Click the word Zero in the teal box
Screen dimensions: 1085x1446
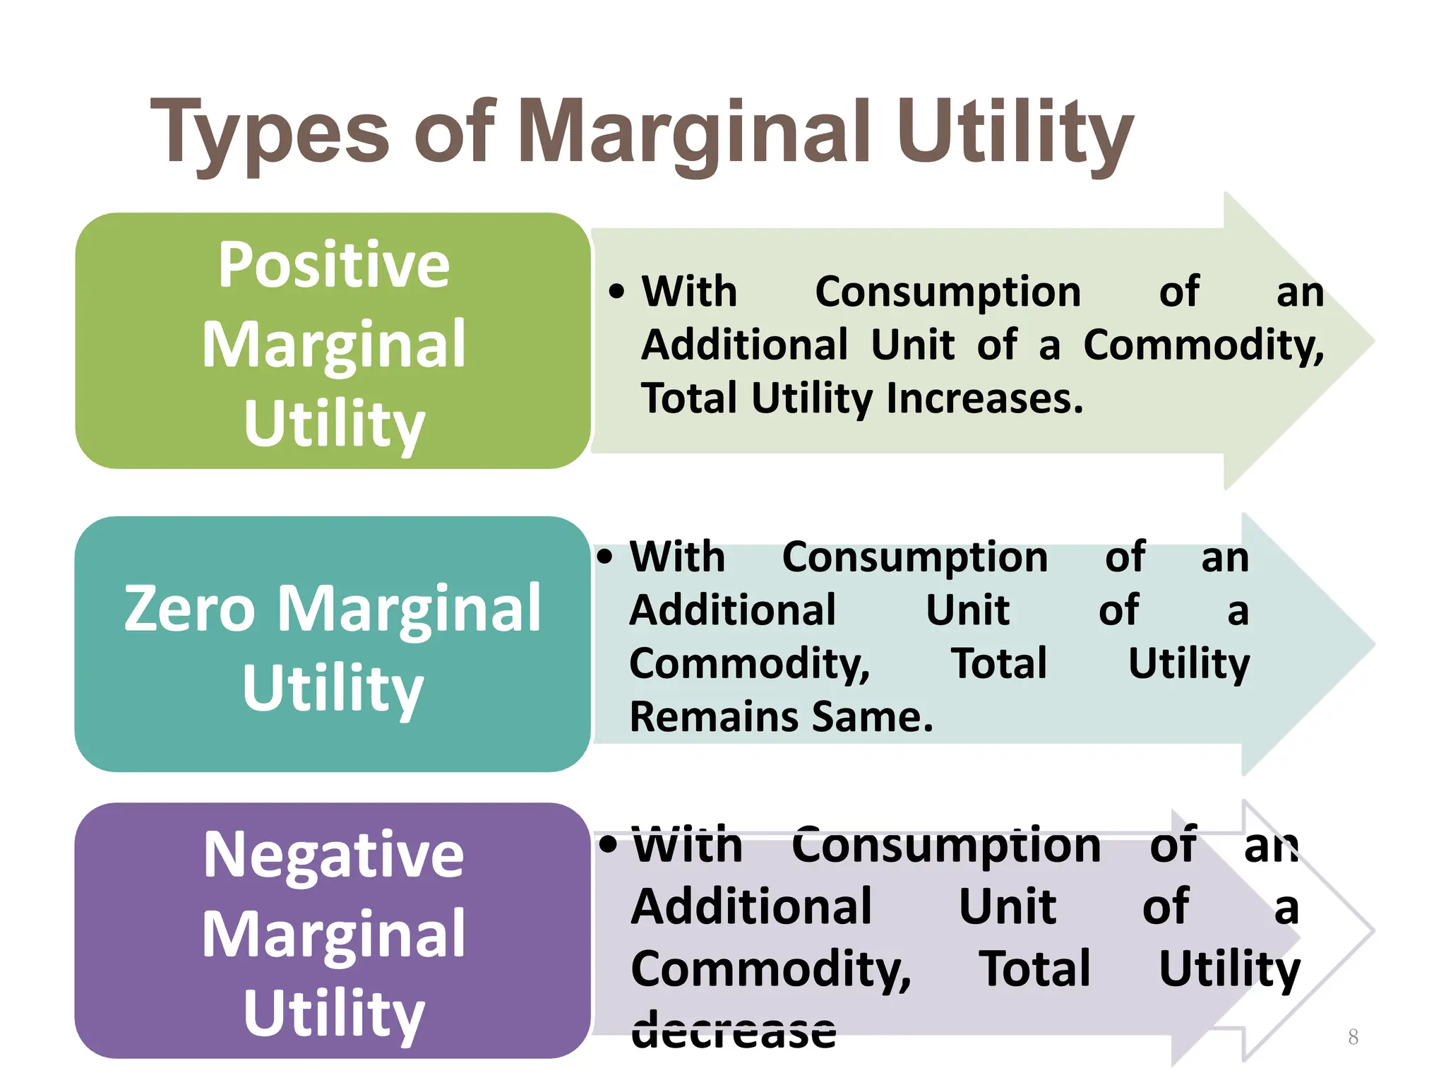[x=189, y=608]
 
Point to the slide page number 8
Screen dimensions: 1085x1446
[x=1353, y=1037]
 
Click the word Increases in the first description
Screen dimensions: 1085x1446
[x=984, y=398]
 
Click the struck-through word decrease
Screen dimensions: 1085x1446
[x=734, y=1030]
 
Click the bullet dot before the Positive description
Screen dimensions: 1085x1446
[x=616, y=291]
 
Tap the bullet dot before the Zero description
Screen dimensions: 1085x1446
[x=605, y=556]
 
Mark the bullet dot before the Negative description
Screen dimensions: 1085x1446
[x=608, y=843]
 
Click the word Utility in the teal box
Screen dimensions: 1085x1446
[x=333, y=688]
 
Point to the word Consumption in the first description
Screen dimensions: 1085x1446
[x=948, y=292]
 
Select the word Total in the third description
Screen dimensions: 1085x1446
[x=1034, y=968]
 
